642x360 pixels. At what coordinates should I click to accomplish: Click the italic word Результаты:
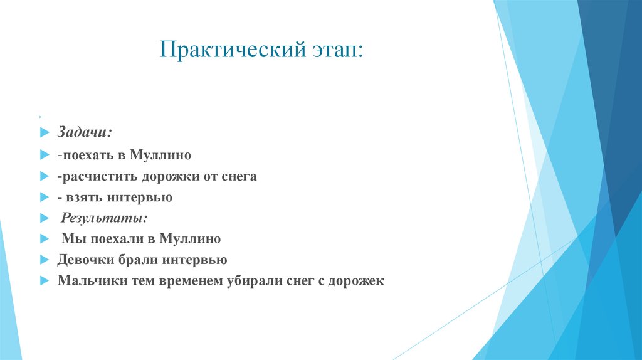(x=104, y=218)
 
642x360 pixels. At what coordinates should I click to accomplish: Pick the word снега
(x=239, y=177)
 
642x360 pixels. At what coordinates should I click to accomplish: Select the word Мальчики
(x=87, y=281)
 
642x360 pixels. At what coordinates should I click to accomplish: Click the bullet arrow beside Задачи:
(x=44, y=134)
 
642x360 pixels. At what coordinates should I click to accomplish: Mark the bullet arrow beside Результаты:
(x=44, y=218)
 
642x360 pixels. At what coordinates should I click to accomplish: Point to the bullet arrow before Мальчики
(x=44, y=282)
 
